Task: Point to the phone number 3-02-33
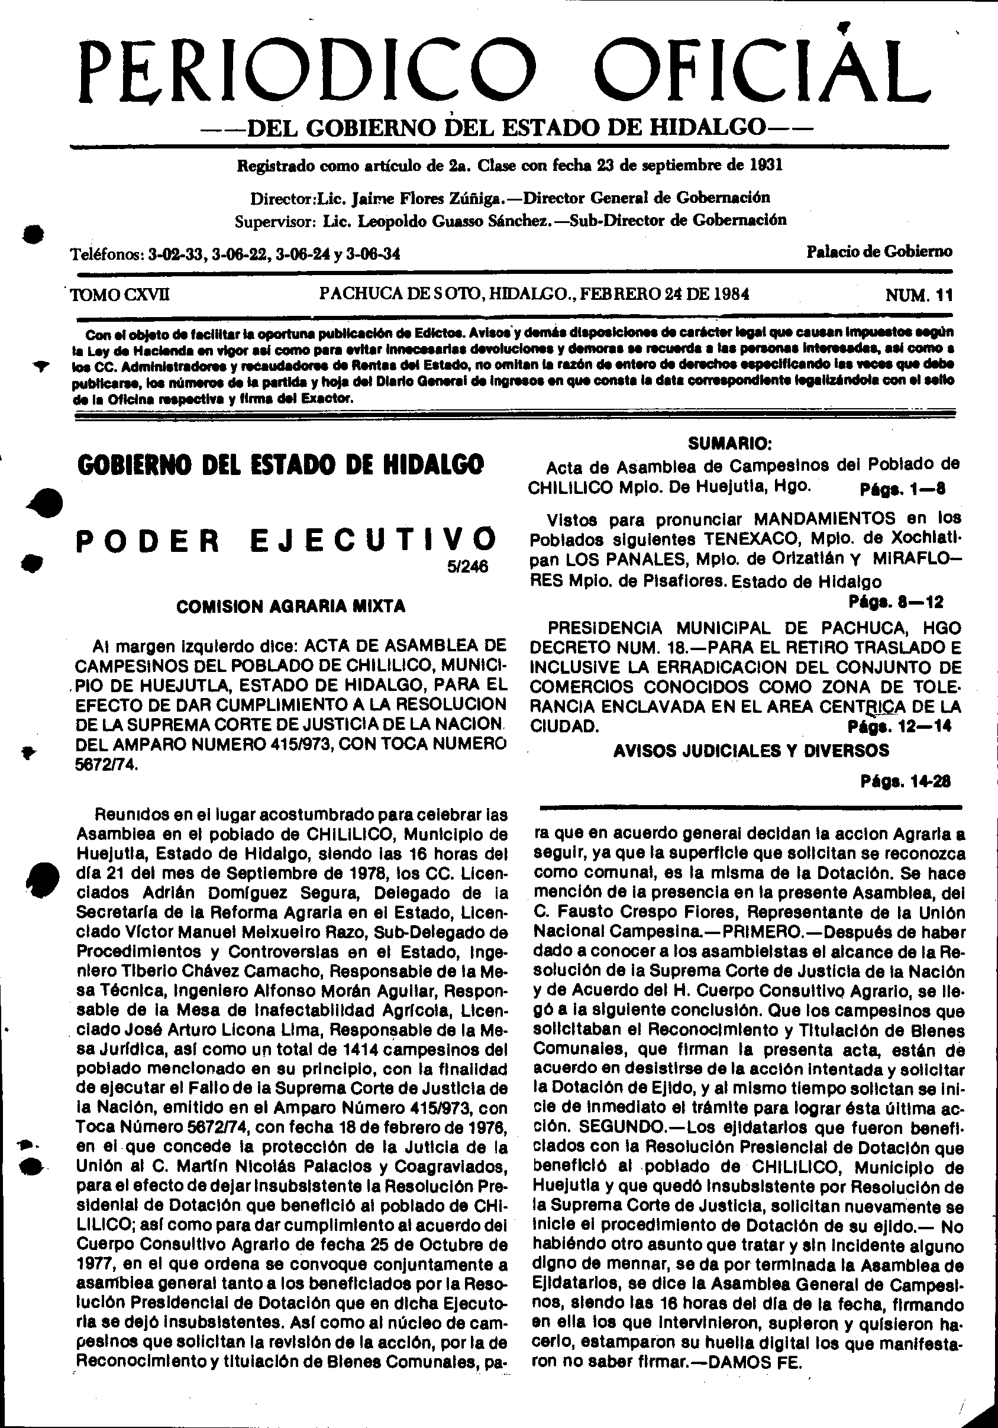(x=177, y=254)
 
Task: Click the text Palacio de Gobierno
(x=879, y=251)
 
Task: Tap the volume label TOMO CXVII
(x=121, y=294)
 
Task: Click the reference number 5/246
(x=471, y=567)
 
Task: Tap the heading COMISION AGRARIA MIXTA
(x=291, y=606)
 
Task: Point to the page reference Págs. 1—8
(x=902, y=488)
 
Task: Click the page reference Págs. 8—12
(x=896, y=602)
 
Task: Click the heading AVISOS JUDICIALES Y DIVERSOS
(x=751, y=751)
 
